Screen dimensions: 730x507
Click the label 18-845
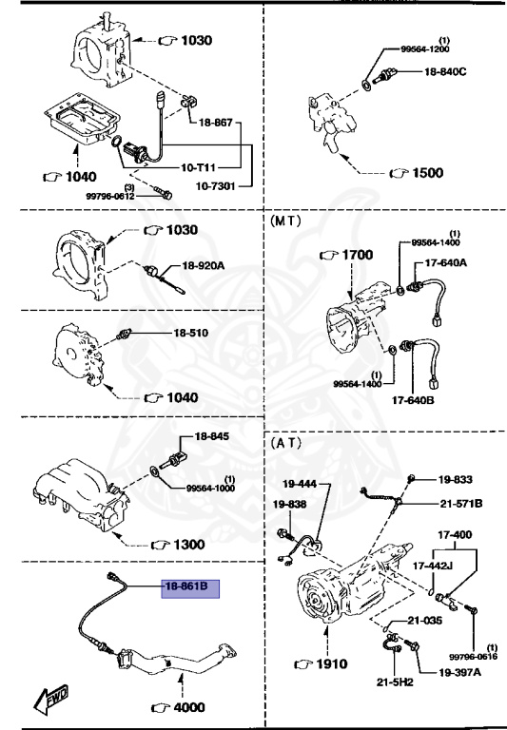tap(213, 436)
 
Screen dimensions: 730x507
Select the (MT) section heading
tap(286, 220)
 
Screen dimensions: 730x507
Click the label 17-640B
tap(413, 398)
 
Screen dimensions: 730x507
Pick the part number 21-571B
tap(461, 503)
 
